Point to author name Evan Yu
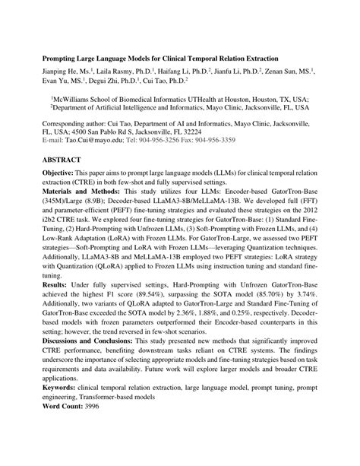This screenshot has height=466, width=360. (55, 80)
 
